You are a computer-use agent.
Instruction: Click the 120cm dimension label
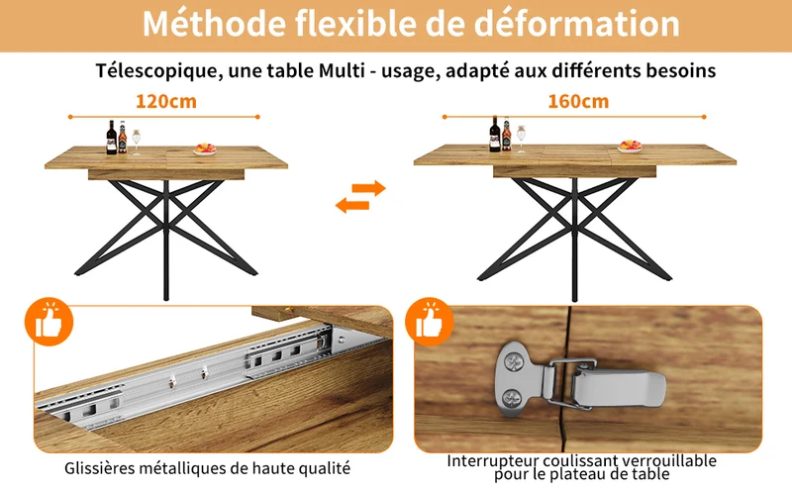[166, 102]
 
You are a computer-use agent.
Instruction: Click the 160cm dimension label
[578, 102]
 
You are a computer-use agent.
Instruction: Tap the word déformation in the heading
[577, 23]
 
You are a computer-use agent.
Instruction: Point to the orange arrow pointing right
[369, 188]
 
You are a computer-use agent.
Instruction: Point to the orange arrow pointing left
[352, 205]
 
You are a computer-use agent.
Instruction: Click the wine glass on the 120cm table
[136, 142]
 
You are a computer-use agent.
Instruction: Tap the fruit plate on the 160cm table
[630, 147]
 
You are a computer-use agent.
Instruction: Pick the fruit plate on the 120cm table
[205, 149]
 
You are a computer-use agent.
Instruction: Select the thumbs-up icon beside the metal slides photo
[49, 322]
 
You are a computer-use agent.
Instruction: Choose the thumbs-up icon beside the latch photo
[430, 322]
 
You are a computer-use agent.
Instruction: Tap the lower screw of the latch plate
[512, 399]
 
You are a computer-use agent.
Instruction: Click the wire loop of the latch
[573, 382]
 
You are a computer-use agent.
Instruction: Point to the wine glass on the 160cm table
[521, 139]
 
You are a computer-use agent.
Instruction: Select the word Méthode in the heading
[215, 23]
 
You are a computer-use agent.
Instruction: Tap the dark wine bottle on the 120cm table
[112, 138]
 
